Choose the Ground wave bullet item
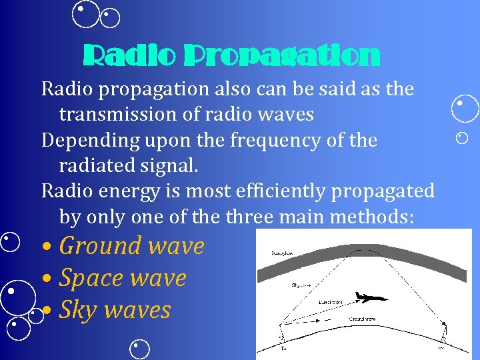pos(131,246)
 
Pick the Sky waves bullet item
pos(115,310)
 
